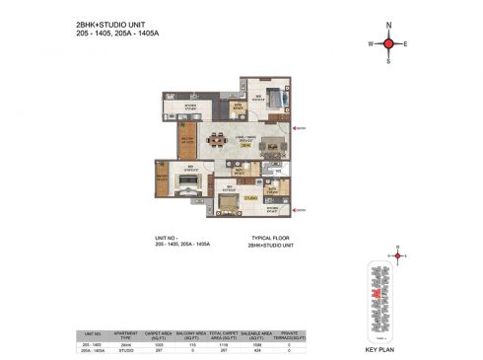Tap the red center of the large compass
(388, 44)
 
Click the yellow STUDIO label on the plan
(250, 198)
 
